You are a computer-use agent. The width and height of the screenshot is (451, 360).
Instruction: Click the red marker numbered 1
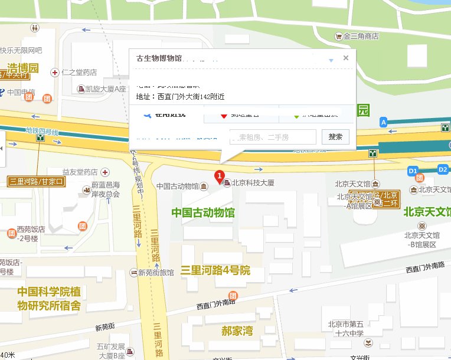tap(219, 176)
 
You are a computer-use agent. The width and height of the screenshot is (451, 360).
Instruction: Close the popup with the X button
tap(346, 58)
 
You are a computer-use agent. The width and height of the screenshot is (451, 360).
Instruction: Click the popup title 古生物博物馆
tap(159, 58)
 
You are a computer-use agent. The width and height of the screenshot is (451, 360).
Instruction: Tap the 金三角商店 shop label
tap(360, 37)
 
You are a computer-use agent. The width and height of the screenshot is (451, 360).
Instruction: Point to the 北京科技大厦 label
tap(253, 184)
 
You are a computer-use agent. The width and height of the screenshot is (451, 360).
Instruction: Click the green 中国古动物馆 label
tap(202, 212)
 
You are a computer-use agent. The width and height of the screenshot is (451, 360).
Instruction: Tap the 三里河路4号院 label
tap(215, 271)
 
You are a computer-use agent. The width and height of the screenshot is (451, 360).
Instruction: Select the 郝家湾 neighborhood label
tap(237, 331)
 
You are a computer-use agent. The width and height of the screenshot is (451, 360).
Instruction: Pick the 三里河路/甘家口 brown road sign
tap(36, 181)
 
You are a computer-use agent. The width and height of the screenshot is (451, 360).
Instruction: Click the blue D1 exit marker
tap(413, 170)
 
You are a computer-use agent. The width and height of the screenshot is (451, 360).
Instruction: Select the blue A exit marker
tap(384, 122)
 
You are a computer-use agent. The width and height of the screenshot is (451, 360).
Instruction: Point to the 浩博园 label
tap(22, 67)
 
